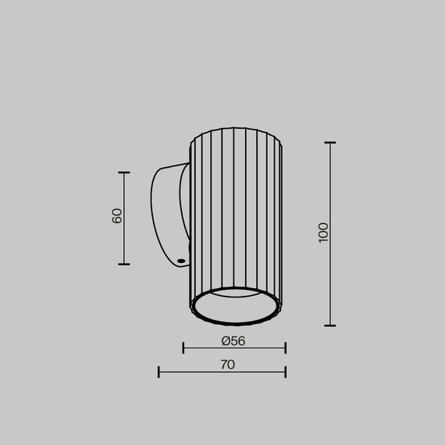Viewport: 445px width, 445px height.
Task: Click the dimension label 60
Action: tap(117, 216)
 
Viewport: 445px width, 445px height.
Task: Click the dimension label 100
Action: tap(324, 232)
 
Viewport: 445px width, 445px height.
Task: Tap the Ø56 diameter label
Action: tap(233, 340)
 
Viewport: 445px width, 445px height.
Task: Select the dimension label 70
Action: tap(227, 365)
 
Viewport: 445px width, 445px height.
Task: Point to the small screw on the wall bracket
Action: tap(181, 259)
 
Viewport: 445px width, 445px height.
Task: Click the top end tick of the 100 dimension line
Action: tap(329, 143)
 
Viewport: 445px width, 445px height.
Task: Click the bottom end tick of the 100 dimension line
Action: tap(329, 326)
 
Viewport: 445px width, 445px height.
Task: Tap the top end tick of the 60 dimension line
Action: tap(124, 173)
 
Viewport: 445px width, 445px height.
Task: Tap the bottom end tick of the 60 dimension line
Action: tap(124, 264)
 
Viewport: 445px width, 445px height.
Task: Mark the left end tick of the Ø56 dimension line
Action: tap(183, 347)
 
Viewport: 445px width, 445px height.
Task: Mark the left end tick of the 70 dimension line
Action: tap(158, 372)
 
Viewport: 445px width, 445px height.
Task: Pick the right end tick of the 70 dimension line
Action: tap(285, 372)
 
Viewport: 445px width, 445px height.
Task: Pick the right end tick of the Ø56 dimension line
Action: tap(285, 347)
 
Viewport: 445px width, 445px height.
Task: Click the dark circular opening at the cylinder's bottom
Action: tap(235, 308)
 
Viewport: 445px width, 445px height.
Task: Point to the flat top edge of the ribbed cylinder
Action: tap(235, 130)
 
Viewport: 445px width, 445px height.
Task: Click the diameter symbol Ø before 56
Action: tap(225, 340)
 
